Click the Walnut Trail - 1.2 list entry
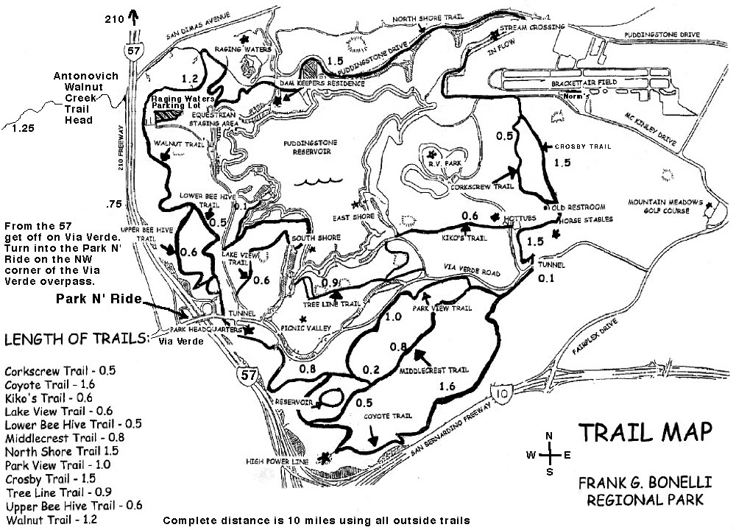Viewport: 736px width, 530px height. pos(51,520)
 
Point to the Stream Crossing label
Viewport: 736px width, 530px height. pos(532,26)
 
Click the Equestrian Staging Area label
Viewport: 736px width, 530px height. pos(212,119)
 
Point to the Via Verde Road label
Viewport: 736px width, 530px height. pos(471,273)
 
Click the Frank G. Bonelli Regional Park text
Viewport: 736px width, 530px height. pos(640,492)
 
